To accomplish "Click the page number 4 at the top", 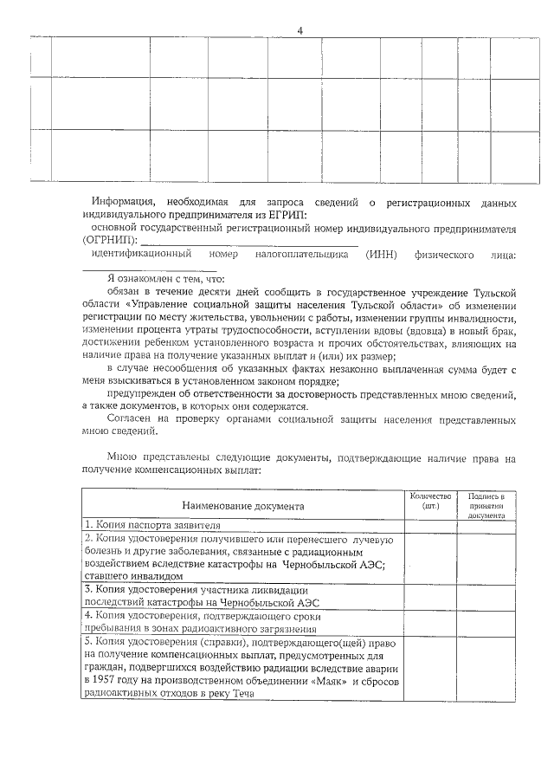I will pos(300,31).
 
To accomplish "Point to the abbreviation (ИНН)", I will pos(381,255).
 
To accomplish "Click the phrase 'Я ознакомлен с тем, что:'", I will pos(165,280).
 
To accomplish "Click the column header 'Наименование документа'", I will pos(242,505).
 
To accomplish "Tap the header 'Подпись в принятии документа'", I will pos(486,505).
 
